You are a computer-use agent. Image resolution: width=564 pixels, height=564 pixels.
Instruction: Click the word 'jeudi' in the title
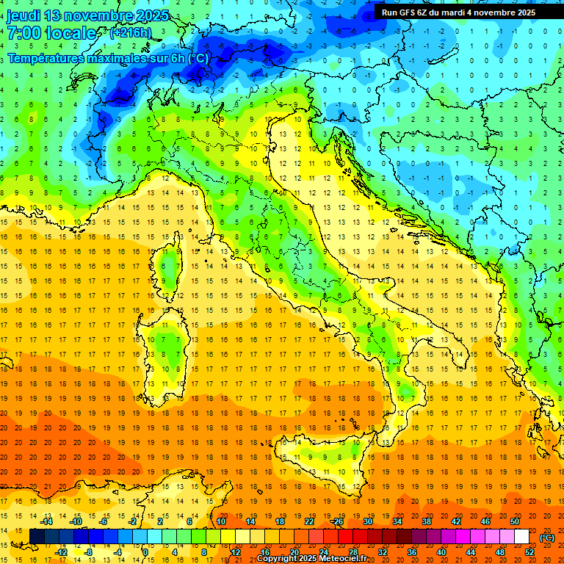click(23, 15)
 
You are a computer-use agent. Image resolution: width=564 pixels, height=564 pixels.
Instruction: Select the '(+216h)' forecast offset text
click(131, 33)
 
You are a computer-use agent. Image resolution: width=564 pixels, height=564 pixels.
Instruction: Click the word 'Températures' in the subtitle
click(43, 58)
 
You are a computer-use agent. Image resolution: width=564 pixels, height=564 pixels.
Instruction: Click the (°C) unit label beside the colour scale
click(547, 538)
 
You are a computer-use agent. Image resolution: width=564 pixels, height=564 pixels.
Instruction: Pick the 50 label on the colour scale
click(515, 521)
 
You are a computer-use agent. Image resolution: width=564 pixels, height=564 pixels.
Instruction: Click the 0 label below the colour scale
click(145, 552)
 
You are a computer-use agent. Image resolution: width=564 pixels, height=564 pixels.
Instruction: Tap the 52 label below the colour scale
click(529, 552)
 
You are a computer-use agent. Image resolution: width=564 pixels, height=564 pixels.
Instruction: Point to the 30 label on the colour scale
click(368, 521)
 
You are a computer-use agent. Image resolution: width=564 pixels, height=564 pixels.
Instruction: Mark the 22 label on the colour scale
click(309, 521)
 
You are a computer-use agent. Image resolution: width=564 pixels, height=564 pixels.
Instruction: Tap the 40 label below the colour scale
click(441, 552)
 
